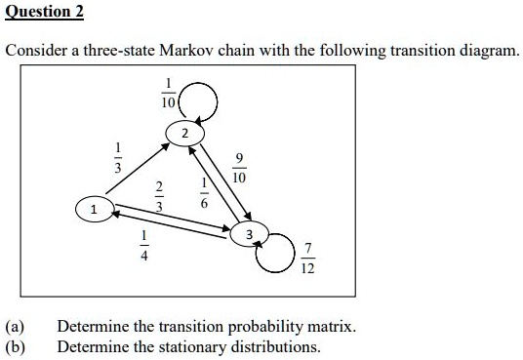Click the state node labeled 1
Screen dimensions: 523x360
click(x=94, y=209)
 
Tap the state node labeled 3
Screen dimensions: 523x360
click(x=250, y=234)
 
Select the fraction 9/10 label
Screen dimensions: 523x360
click(x=239, y=170)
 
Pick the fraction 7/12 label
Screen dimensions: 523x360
click(x=308, y=259)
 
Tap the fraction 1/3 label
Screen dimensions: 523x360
click(x=118, y=160)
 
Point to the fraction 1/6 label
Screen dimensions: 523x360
click(x=204, y=195)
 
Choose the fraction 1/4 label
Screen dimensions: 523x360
click(x=144, y=246)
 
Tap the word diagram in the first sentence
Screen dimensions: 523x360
click(x=485, y=50)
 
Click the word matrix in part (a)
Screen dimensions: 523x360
click(x=332, y=326)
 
